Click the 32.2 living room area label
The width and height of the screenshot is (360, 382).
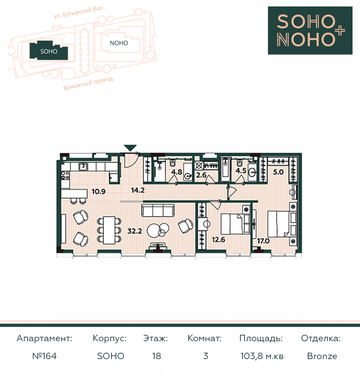tap(134, 231)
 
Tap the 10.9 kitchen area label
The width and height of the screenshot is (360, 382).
tap(99, 191)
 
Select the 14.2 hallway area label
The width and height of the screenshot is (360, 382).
tap(138, 191)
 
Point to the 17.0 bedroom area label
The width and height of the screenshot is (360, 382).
tap(263, 241)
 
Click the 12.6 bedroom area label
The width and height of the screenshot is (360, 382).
tap(218, 240)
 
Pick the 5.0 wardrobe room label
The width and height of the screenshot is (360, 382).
tap(278, 172)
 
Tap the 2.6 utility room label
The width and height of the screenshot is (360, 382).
tap(201, 175)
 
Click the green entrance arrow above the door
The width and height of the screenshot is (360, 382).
tap(130, 148)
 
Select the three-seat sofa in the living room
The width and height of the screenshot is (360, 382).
tap(158, 210)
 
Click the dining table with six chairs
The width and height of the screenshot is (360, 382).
tap(109, 230)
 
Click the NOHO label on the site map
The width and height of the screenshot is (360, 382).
tap(119, 43)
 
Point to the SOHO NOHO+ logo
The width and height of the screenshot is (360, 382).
tap(310, 30)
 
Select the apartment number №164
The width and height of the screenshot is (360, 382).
tap(44, 356)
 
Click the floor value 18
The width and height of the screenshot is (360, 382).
tap(156, 356)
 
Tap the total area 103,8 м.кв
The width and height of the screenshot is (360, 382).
tap(262, 356)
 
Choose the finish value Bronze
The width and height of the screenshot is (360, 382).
tap(322, 356)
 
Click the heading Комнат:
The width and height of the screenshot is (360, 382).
tap(204, 338)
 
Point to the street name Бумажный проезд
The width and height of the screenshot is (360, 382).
tap(88, 83)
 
